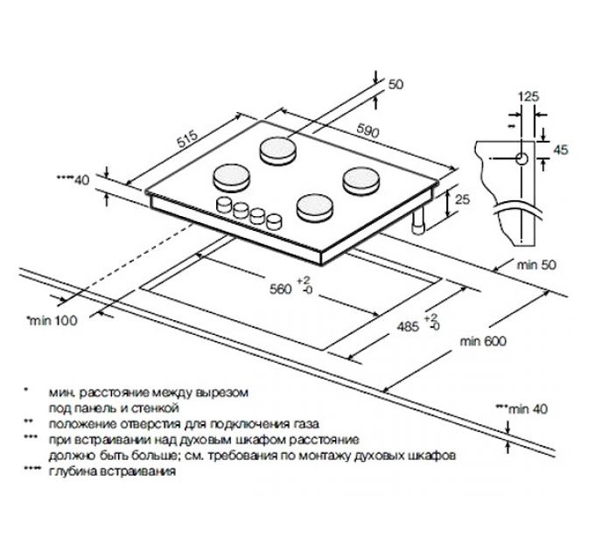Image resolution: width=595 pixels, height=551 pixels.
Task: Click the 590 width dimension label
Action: click(x=367, y=131)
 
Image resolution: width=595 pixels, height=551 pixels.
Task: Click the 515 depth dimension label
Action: click(x=187, y=139)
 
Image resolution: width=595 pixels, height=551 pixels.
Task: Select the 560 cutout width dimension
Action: click(x=290, y=285)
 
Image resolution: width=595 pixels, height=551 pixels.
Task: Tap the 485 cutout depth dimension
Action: click(x=417, y=323)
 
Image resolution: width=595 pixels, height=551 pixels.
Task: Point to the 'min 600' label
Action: click(x=483, y=341)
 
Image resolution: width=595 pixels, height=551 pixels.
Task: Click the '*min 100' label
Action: click(x=52, y=321)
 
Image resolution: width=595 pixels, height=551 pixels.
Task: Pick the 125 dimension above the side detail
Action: click(x=528, y=97)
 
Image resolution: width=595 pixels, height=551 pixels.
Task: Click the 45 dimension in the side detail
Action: click(x=561, y=150)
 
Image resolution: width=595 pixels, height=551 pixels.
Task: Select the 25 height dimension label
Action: click(x=462, y=199)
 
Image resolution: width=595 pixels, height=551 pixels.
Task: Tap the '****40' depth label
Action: click(x=73, y=179)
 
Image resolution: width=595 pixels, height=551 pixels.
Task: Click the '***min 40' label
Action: click(x=522, y=408)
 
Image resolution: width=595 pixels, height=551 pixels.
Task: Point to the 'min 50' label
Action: click(x=536, y=265)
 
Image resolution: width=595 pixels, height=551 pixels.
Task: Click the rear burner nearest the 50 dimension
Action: click(x=277, y=150)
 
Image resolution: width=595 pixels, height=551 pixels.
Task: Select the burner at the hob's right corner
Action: click(x=361, y=181)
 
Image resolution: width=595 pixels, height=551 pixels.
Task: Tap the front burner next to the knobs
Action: click(x=315, y=208)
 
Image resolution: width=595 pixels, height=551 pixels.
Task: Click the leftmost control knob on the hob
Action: click(x=223, y=205)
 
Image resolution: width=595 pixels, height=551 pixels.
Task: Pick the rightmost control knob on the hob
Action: click(x=275, y=222)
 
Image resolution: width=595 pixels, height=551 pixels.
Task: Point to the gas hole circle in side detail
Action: click(x=522, y=159)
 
